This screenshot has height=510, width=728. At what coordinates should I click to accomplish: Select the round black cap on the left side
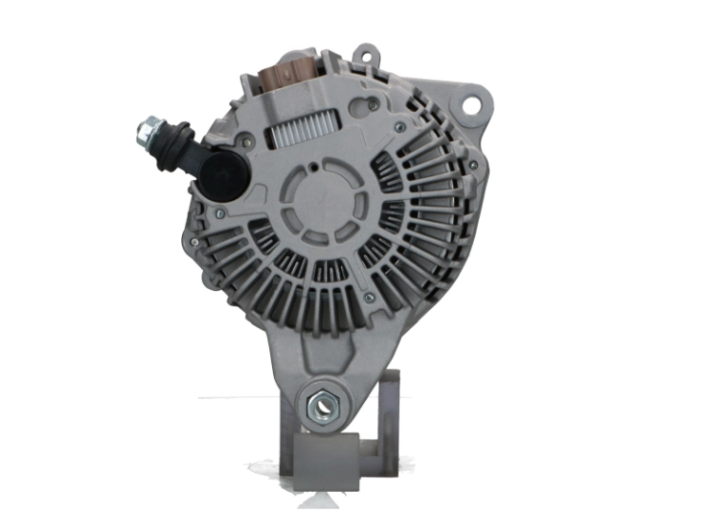pos(223,172)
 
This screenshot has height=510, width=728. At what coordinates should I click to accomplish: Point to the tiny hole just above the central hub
pos(317,167)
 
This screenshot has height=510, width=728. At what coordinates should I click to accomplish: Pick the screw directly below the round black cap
pos(220,215)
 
